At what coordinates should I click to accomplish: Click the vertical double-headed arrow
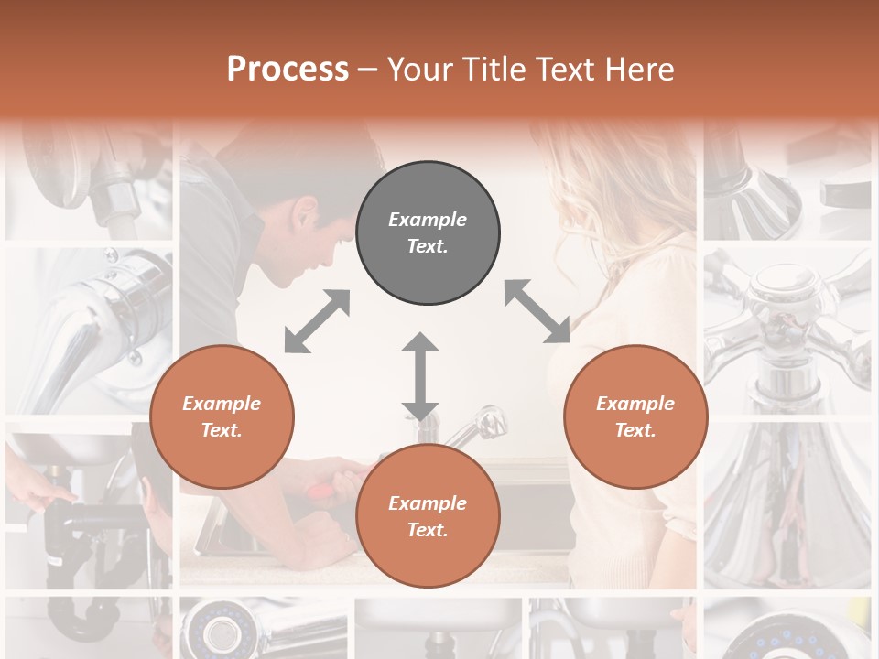point(420,376)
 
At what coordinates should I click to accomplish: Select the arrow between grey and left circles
point(317,321)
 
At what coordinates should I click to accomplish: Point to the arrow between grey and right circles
point(537,312)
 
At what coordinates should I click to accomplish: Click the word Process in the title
point(288,69)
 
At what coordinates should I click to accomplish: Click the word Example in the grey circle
point(428,220)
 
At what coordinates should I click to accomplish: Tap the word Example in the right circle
point(635,404)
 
